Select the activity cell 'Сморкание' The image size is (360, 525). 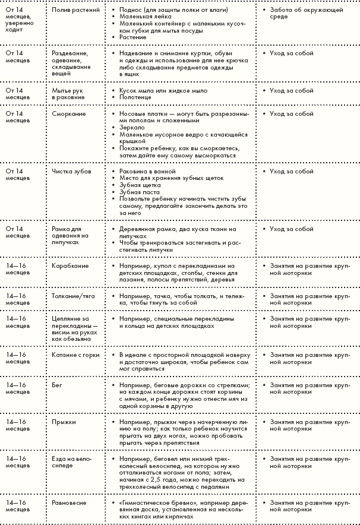coord(69,113)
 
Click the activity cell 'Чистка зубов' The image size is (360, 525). coord(71,171)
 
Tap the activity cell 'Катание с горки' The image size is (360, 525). coord(74,355)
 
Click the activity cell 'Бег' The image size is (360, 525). coord(57,385)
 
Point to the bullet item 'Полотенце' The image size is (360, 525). coord(134,98)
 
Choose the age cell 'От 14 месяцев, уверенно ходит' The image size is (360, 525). coord(19,18)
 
